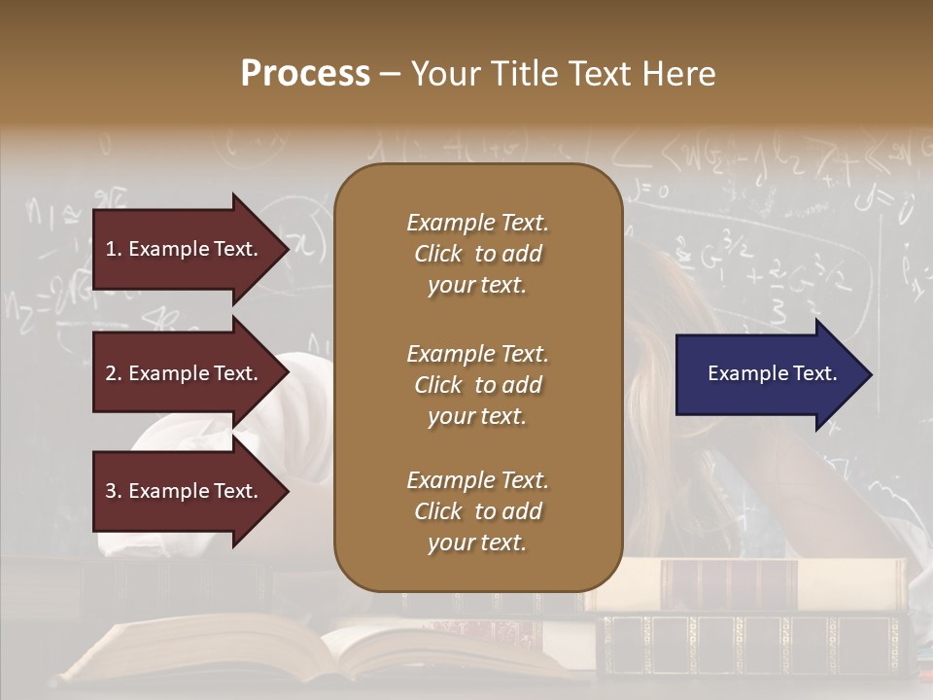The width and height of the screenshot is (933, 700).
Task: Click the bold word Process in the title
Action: point(305,74)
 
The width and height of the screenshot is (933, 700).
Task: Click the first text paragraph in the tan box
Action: point(477,254)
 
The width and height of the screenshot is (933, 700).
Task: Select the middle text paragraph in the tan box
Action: point(477,385)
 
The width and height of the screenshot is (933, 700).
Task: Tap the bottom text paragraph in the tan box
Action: point(477,511)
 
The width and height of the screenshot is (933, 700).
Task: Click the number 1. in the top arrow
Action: point(113,249)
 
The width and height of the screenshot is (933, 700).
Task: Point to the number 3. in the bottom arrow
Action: point(113,491)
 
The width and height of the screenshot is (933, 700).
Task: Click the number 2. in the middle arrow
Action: point(113,373)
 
